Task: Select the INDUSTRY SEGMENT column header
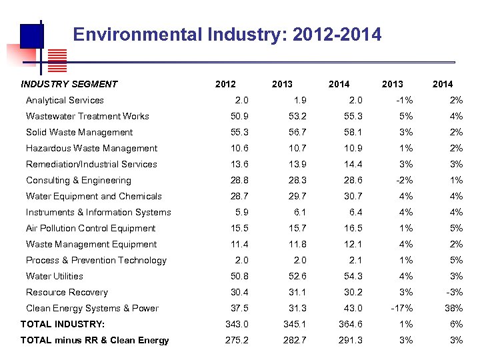point(69,84)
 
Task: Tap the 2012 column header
point(225,84)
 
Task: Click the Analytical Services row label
point(65,100)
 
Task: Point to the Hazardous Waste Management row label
point(91,148)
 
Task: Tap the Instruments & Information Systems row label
point(98,212)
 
